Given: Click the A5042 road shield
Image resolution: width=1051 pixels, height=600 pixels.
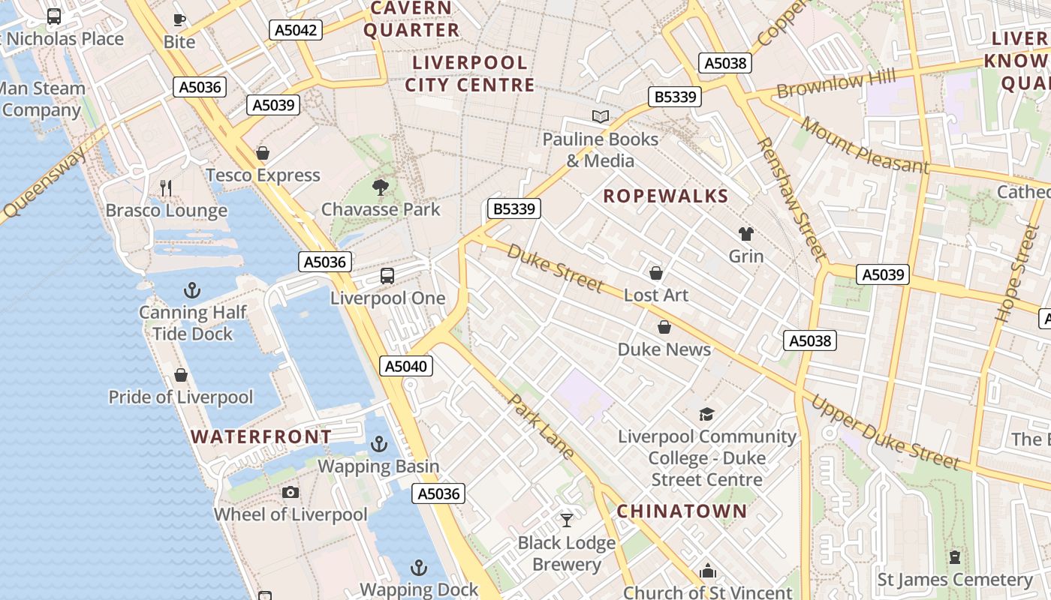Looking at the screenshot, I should pyautogui.click(x=296, y=30).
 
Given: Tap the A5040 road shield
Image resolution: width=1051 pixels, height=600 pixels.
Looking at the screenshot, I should pyautogui.click(x=406, y=366).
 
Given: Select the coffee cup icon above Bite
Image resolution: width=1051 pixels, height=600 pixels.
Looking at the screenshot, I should pyautogui.click(x=179, y=19).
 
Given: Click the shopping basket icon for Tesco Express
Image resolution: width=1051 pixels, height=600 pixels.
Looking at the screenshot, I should pyautogui.click(x=263, y=154).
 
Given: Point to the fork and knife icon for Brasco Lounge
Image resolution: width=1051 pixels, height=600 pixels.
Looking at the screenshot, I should pyautogui.click(x=166, y=187).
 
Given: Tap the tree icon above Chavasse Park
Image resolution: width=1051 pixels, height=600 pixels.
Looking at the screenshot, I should pyautogui.click(x=381, y=187).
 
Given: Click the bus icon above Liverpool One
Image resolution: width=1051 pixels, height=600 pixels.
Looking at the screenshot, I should pyautogui.click(x=387, y=276).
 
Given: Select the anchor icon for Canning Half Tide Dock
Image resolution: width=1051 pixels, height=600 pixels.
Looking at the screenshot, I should pyautogui.click(x=192, y=289).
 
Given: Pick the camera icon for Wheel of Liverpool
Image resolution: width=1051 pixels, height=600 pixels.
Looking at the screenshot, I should pyautogui.click(x=291, y=492).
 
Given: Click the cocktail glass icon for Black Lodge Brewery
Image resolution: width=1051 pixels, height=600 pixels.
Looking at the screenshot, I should pyautogui.click(x=567, y=520).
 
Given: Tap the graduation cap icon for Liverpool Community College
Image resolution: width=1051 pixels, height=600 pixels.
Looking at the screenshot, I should pyautogui.click(x=706, y=414).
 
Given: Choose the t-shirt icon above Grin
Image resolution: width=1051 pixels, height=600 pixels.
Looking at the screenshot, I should pyautogui.click(x=745, y=234).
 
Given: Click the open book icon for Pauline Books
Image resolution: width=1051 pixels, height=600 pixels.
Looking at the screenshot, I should pyautogui.click(x=600, y=116).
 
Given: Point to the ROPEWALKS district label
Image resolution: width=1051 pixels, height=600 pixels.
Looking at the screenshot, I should pyautogui.click(x=666, y=196).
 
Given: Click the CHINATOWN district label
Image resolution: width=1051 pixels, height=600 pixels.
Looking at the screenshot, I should pyautogui.click(x=682, y=511).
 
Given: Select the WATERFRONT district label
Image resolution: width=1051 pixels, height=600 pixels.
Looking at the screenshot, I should pyautogui.click(x=260, y=436).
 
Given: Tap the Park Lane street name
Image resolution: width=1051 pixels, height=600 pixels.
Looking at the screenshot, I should pyautogui.click(x=541, y=425).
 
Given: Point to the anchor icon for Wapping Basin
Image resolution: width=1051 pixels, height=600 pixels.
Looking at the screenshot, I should pyautogui.click(x=379, y=444).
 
